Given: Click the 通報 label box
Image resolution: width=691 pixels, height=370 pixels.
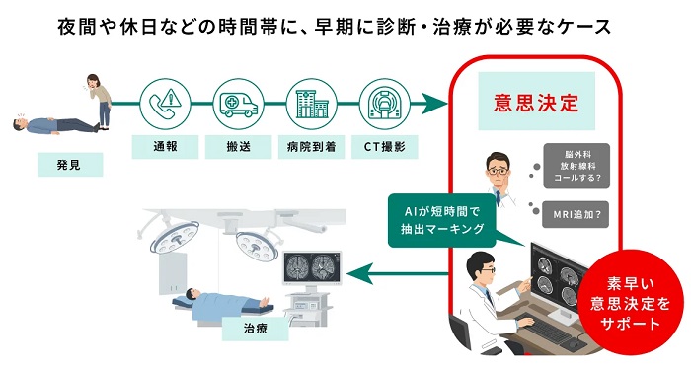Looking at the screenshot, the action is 165,147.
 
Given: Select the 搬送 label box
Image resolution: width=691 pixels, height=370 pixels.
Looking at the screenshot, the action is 239,147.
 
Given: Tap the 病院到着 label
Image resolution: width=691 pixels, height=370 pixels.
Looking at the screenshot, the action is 312,147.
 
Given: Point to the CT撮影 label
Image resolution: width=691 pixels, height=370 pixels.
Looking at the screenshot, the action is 385,147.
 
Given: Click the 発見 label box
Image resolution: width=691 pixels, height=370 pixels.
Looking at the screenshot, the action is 70,165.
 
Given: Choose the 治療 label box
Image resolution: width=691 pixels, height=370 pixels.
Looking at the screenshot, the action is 255,329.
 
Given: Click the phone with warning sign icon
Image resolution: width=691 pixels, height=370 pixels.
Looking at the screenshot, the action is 165,104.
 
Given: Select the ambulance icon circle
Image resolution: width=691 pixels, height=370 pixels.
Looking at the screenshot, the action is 239,104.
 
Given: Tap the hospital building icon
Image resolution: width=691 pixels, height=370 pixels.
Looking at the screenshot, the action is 312,104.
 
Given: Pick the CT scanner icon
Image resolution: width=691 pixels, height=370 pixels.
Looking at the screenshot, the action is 385,104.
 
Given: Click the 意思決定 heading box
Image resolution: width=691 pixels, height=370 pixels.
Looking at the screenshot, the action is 536,102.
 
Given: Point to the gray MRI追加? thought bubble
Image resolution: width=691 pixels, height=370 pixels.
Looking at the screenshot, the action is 576,215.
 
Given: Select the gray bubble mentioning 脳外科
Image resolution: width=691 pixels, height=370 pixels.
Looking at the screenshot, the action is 576,166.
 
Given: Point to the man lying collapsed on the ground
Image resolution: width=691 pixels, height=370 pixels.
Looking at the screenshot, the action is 56,124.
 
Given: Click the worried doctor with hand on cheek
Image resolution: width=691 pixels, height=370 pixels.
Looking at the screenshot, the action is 499,178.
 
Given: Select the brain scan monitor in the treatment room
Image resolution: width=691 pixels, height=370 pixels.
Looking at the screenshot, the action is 312,268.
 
